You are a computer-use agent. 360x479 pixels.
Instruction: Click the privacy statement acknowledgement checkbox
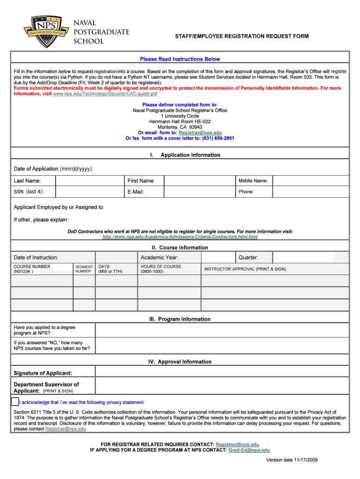pos(14,402)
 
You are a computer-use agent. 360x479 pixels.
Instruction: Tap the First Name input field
pos(199,181)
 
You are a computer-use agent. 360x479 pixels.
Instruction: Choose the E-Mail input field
pos(199,191)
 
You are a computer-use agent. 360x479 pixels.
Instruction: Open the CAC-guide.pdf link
pos(105,94)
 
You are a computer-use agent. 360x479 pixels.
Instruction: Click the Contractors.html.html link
pos(180,237)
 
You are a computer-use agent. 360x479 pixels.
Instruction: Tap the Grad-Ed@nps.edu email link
pos(249,450)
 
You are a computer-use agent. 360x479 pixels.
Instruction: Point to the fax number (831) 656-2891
pos(218,138)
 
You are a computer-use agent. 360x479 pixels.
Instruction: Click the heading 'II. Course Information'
pos(180,247)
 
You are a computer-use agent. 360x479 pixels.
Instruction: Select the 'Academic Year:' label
pos(159,257)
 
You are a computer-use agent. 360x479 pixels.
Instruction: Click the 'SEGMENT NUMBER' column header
pos(84,269)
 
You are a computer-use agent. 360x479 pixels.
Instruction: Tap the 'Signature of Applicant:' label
pos(43,373)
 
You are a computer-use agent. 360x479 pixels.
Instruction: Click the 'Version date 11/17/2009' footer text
pos(292,460)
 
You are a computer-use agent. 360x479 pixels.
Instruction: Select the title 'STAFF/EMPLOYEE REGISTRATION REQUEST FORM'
pos(242,36)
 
